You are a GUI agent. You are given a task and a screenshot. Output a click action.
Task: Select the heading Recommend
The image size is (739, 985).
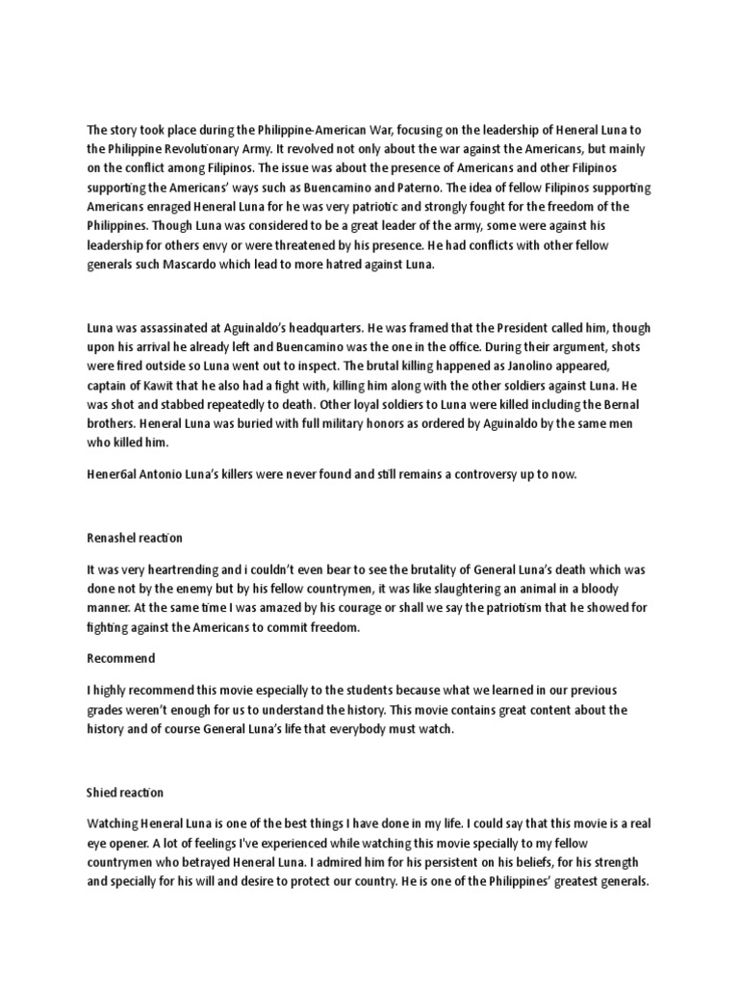pyautogui.click(x=121, y=658)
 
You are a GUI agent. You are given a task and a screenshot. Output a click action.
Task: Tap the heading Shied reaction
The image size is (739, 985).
pyautogui.click(x=125, y=793)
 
